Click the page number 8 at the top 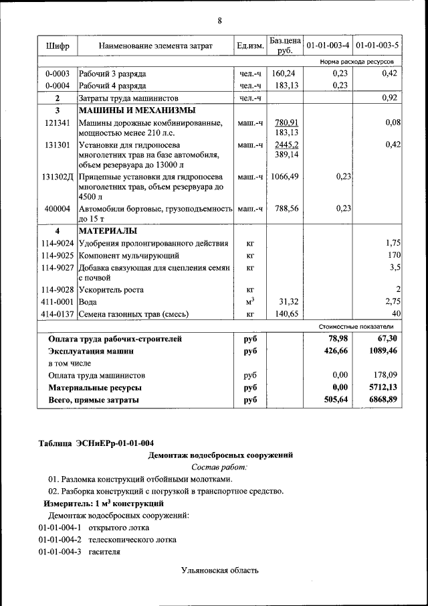coord(219,21)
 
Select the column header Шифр coord(58,46)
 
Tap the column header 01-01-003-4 coord(328,46)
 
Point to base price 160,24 coord(284,74)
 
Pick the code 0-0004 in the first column coord(58,86)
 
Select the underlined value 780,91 coord(286,123)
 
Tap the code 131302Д coord(58,177)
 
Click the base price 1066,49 coord(284,177)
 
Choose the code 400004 coord(58,208)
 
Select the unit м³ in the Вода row coord(249,301)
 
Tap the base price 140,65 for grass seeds coord(284,313)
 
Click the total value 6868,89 coord(383,400)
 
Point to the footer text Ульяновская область coord(219,570)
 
